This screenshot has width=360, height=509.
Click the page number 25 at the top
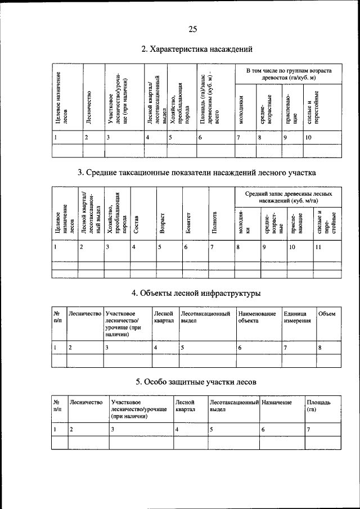pyautogui.click(x=192, y=29)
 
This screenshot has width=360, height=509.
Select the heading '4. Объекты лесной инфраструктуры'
pyautogui.click(x=196, y=293)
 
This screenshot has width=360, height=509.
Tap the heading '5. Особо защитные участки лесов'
pyautogui.click(x=196, y=382)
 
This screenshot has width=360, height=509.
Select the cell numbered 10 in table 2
pyautogui.click(x=308, y=137)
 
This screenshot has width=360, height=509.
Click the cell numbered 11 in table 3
pyautogui.click(x=318, y=247)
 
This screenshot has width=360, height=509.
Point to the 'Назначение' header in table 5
pyautogui.click(x=277, y=403)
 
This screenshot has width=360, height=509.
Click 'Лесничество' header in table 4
pyautogui.click(x=84, y=314)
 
